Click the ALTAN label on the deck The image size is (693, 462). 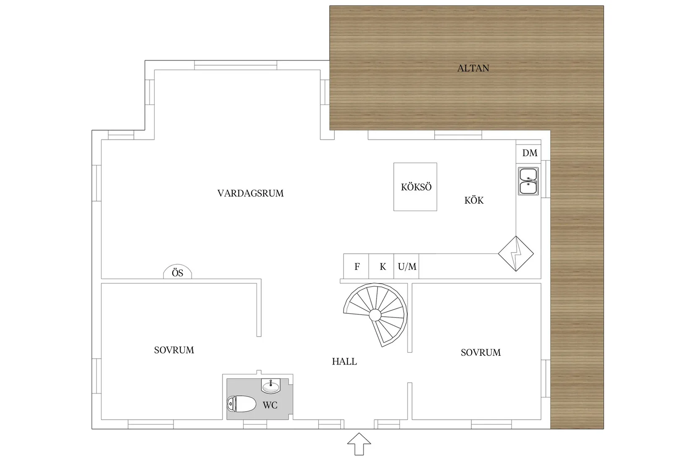[473, 68]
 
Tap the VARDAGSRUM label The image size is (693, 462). [250, 193]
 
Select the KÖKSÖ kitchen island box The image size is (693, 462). [415, 187]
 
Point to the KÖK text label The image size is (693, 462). [474, 200]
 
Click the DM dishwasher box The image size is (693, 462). [528, 153]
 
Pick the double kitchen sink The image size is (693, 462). [528, 181]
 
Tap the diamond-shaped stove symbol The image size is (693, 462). [516, 254]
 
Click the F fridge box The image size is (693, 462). [356, 266]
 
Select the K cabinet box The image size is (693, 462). [381, 266]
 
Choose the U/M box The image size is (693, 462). [407, 266]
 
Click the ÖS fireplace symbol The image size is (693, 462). [178, 272]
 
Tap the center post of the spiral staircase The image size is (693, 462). [375, 315]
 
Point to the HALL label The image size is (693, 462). [344, 362]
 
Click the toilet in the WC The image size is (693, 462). [241, 404]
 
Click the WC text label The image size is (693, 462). [270, 405]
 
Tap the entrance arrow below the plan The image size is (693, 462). [359, 444]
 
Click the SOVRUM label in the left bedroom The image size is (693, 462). [174, 350]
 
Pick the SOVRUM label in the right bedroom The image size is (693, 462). [480, 352]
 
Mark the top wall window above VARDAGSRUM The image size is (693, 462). [236, 65]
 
